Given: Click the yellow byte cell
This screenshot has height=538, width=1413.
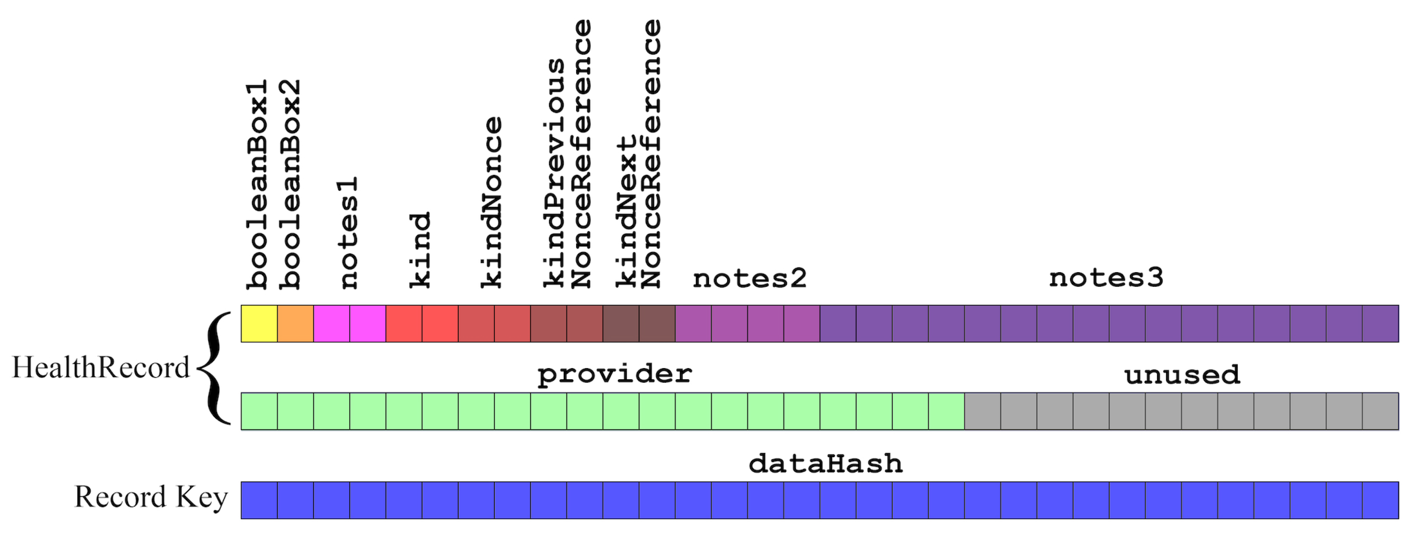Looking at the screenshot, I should [x=259, y=323].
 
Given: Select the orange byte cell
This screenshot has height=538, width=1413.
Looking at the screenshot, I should [x=295, y=323].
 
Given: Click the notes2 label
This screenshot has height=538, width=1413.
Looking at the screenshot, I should [x=749, y=279].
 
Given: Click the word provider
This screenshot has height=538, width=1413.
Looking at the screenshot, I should [x=614, y=375].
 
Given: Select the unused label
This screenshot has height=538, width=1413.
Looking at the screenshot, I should [x=1182, y=375].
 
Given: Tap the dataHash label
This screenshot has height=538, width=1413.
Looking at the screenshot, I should [x=826, y=464].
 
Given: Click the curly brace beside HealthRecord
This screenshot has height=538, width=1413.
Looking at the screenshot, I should [x=217, y=367].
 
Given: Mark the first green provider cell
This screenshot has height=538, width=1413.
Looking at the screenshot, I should [x=259, y=411].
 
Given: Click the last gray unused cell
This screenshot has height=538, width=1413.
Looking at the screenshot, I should [x=1380, y=411].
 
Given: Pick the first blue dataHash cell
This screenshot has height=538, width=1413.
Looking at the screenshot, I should [x=259, y=500].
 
